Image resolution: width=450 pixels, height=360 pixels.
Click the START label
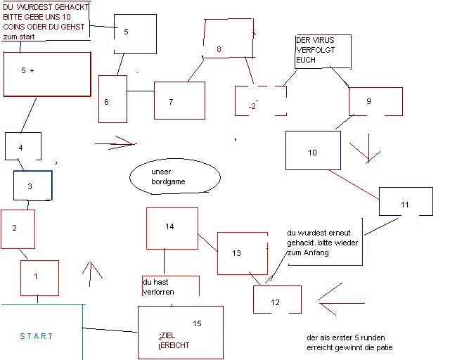point(37,336)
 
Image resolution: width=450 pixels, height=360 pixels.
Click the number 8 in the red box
point(219,49)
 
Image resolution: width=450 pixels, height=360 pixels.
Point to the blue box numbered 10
point(312,150)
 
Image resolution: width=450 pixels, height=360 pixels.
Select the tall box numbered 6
point(112,103)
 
